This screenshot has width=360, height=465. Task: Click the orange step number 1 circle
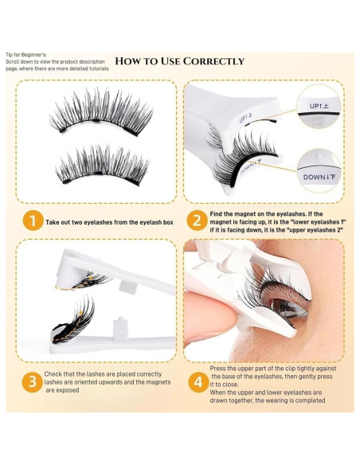[33, 221]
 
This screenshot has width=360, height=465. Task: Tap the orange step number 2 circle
[198, 221]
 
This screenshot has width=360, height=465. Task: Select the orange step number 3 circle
[33, 382]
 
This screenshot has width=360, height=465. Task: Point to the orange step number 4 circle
[198, 382]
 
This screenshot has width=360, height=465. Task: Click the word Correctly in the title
[213, 61]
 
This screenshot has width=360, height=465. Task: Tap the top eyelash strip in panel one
[101, 112]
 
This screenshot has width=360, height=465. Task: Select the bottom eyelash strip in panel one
[102, 165]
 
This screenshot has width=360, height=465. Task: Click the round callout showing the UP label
[319, 107]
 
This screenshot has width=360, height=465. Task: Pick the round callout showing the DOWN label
[319, 171]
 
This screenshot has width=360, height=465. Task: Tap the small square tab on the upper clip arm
[127, 287]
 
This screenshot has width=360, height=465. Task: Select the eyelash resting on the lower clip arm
[73, 320]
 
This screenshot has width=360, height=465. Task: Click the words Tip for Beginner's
[26, 55]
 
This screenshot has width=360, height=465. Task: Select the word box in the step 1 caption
[168, 222]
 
